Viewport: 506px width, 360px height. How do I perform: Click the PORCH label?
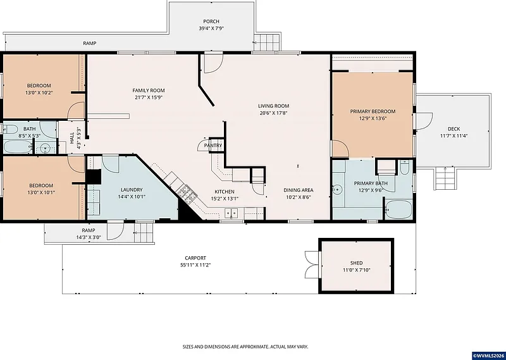pyautogui.click(x=211, y=22)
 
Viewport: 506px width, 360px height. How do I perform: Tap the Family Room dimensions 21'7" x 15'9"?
pyautogui.click(x=149, y=97)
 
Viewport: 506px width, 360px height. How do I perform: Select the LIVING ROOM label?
pyautogui.click(x=273, y=106)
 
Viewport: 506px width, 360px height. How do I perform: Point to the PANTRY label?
pyautogui.click(x=213, y=146)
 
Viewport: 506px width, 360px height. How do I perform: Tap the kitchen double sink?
pyautogui.click(x=231, y=213)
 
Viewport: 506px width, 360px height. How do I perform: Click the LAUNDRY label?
pyautogui.click(x=132, y=190)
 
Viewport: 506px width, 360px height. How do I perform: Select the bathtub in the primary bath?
pyautogui.click(x=398, y=209)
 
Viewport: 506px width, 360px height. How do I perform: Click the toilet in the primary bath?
pyautogui.click(x=404, y=167)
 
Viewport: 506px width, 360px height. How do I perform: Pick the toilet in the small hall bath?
pyautogui.click(x=9, y=130)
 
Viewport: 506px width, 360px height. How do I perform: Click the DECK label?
pyautogui.click(x=454, y=129)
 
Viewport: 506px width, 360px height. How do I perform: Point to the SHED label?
pyautogui.click(x=356, y=263)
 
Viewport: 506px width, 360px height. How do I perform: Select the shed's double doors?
pyautogui.click(x=312, y=263)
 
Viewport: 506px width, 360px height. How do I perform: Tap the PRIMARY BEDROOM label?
pyautogui.click(x=373, y=111)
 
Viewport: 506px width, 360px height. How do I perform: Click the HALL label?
pyautogui.click(x=71, y=138)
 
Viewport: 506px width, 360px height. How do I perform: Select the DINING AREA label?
pyautogui.click(x=298, y=190)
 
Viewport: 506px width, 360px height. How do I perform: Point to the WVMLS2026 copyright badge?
pyautogui.click(x=488, y=356)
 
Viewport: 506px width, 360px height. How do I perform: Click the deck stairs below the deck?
pyautogui.click(x=445, y=178)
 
